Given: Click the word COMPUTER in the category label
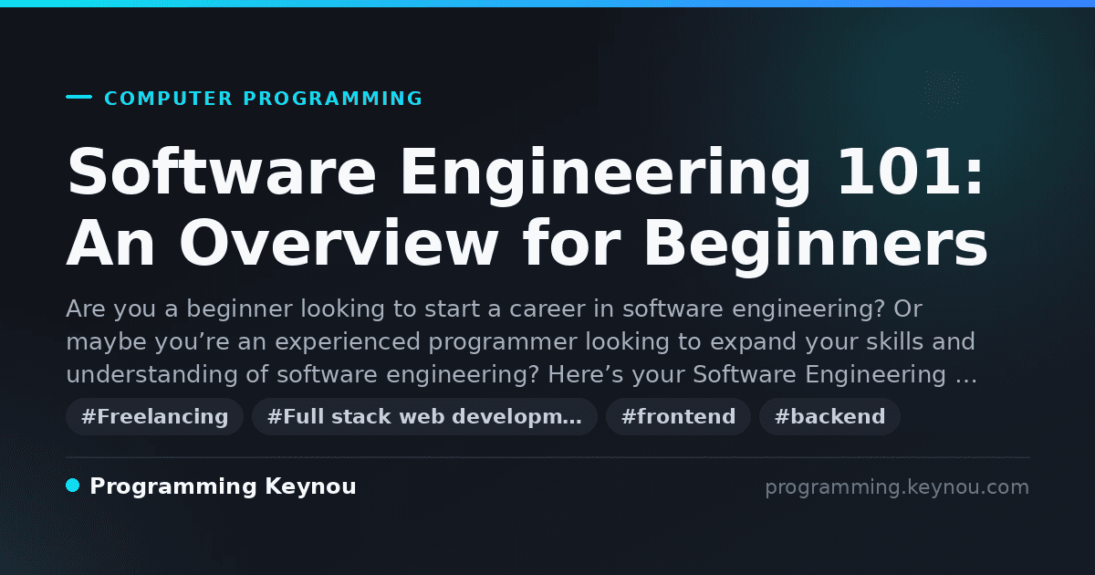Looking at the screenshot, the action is (x=168, y=99).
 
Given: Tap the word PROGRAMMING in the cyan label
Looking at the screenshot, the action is (x=333, y=99).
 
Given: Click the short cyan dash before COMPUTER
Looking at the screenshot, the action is (x=78, y=97).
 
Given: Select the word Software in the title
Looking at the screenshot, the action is (x=222, y=172).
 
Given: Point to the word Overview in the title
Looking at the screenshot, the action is (x=339, y=243).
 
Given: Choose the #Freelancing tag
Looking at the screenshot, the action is (x=154, y=416).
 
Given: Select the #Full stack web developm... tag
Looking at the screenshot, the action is (x=424, y=416).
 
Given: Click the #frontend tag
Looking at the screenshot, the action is (x=678, y=416).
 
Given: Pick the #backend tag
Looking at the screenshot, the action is (x=829, y=416).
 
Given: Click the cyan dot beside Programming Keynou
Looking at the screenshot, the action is (x=72, y=486).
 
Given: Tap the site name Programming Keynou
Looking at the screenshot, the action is (x=223, y=487).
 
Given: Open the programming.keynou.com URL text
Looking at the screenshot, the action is (x=897, y=487).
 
